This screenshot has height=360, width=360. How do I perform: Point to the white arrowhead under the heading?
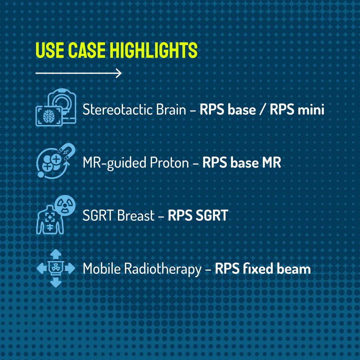pos(119,73)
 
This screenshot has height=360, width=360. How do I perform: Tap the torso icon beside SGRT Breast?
pos(50,220)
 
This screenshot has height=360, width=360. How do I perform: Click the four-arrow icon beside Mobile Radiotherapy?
pos(56,268)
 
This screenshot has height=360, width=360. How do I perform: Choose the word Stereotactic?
pos(118,109)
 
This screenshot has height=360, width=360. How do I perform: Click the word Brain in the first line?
pos(171,109)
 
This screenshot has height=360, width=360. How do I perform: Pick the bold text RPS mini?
pos(297,109)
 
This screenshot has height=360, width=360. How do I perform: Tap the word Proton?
pos(169,163)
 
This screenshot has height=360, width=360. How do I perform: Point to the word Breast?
pos(136,216)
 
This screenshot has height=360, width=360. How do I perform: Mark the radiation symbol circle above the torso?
pos(65,205)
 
